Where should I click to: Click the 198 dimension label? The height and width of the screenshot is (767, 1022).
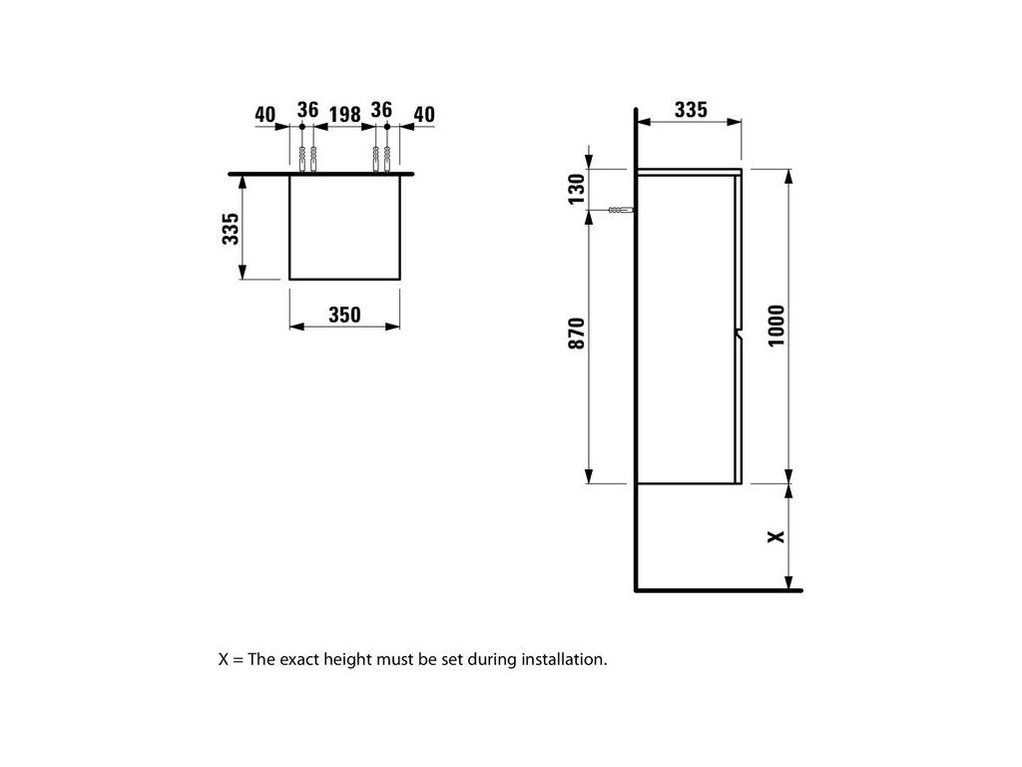coord(344,113)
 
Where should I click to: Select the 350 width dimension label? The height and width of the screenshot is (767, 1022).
coord(344,315)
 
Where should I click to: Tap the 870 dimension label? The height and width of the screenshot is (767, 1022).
coord(577,333)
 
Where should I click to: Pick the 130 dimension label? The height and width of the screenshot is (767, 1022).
coord(577,187)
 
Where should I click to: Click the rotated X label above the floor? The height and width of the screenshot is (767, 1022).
coord(776,536)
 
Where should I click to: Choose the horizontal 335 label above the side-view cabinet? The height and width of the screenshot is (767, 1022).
coord(691,110)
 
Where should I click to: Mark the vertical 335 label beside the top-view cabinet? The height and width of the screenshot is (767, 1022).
coord(231,229)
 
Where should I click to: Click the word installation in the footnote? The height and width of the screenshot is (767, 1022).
coord(564,659)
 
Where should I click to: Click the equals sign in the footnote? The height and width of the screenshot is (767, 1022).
coord(236,660)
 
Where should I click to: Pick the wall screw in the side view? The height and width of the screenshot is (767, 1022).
coord(620,211)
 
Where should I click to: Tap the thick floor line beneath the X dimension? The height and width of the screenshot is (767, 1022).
coord(719,589)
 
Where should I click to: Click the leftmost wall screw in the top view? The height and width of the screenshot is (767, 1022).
coord(302,157)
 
